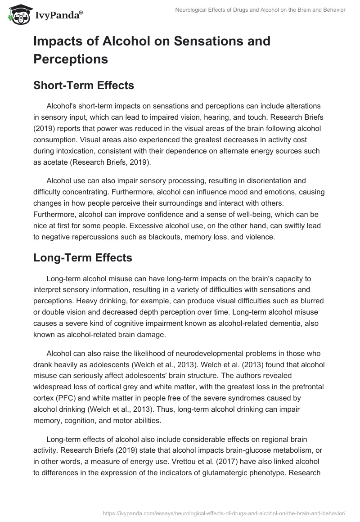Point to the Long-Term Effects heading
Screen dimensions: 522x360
[x=82, y=257]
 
